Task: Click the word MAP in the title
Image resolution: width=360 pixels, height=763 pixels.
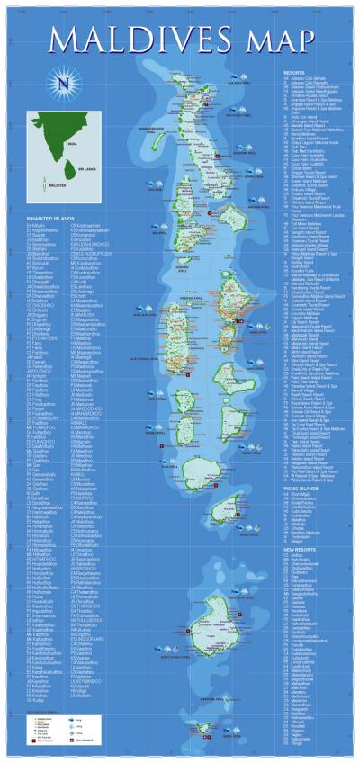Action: point(275,40)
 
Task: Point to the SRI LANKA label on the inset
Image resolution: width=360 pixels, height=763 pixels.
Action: point(86,168)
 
